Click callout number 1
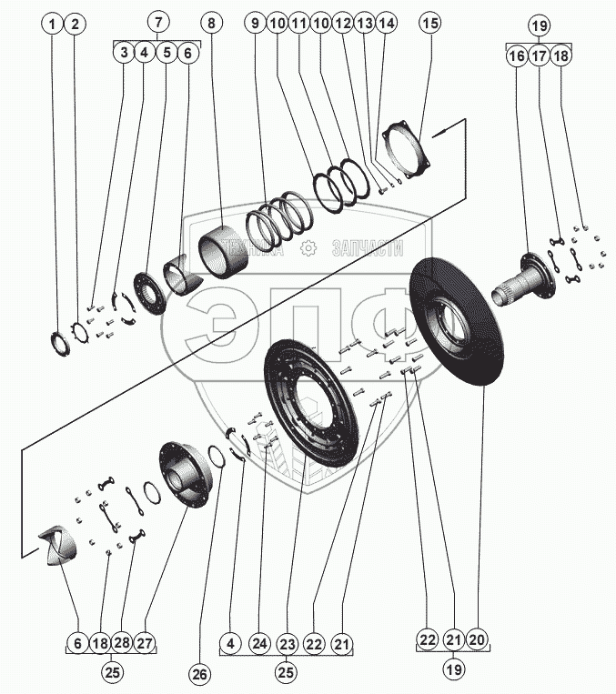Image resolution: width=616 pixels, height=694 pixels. point(54,22)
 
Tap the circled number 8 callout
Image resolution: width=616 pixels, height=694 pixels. point(212,22)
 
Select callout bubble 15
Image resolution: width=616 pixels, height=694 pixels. point(430,22)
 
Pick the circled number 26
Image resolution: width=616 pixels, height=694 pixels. point(199,674)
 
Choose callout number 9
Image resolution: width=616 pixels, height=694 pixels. point(253,22)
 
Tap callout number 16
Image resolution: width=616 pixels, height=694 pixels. point(517,55)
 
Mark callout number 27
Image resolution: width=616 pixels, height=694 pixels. point(146,643)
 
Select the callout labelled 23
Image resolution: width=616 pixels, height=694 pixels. point(288,644)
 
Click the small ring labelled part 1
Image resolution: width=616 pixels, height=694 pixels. point(60,343)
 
